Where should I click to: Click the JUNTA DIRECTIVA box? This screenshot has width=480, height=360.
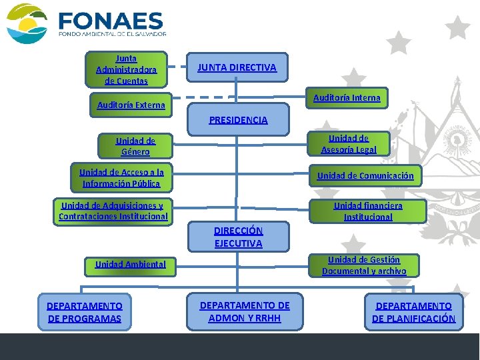(x=237, y=67)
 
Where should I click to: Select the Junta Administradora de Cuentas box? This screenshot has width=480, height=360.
(x=126, y=69)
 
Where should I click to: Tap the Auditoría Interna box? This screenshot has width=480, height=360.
(x=347, y=98)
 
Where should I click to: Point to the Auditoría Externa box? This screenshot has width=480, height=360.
(x=131, y=105)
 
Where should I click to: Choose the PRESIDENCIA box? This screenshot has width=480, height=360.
(x=238, y=120)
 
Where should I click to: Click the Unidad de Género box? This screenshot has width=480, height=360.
(x=135, y=146)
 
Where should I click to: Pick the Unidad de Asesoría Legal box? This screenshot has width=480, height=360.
(x=349, y=143)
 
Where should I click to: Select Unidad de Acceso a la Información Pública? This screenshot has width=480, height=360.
(x=121, y=177)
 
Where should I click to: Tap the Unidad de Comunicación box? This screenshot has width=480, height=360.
(x=365, y=176)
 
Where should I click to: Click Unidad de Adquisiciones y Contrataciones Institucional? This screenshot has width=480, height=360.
(x=113, y=211)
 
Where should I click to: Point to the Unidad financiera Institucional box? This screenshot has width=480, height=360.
(x=368, y=211)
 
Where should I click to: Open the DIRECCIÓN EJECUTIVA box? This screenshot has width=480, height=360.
(x=238, y=237)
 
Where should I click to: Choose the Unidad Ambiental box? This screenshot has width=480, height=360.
(x=131, y=264)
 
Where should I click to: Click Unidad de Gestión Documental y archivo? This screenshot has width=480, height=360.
(x=364, y=265)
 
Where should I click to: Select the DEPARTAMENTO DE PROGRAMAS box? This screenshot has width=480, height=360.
(x=85, y=312)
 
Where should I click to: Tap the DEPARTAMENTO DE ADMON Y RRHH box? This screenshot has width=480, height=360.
(x=245, y=311)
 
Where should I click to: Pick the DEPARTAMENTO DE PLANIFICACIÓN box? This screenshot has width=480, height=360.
(x=413, y=312)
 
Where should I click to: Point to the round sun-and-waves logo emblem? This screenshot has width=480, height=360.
(x=27, y=23)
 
